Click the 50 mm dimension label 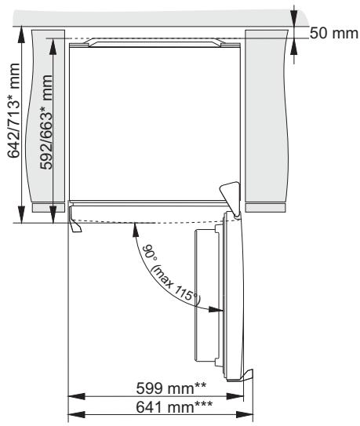tap(333, 34)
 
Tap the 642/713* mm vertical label tap(13, 111)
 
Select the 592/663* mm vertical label tap(46, 122)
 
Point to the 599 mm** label tap(171, 388)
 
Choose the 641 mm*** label tap(174, 406)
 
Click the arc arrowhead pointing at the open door tap(216, 309)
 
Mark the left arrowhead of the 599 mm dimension tap(76, 396)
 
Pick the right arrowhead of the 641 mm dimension tap(245, 415)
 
